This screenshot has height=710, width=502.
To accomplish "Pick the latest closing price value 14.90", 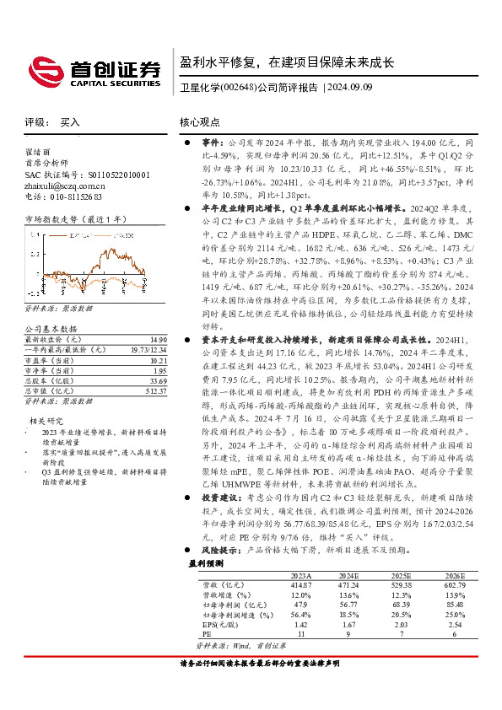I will click(149, 338).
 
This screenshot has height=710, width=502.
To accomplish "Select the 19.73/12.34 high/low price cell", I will click(143, 348).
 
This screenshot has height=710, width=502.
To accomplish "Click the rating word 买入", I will click(70, 123).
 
